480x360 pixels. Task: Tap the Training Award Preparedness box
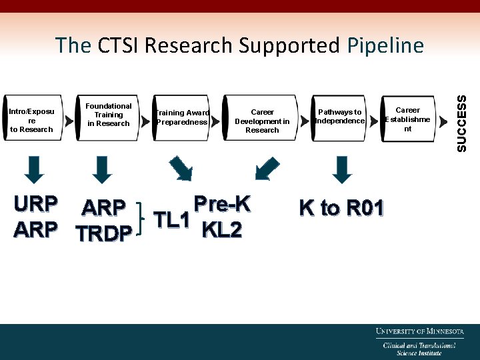[x=182, y=117]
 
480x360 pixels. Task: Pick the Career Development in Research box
[x=262, y=121]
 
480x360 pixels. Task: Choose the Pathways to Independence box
[x=340, y=117]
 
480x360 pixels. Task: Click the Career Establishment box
[x=407, y=119]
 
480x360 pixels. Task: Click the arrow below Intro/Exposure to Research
[x=37, y=169]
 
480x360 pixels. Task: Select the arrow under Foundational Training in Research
[x=101, y=169]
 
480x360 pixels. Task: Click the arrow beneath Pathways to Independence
[x=342, y=169]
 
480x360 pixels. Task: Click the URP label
[x=35, y=203]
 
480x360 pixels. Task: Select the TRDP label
[x=104, y=234]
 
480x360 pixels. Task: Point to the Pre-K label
[x=221, y=204]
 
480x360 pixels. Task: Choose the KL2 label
[x=221, y=230]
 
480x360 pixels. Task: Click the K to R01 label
[x=341, y=208]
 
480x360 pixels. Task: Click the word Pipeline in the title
[x=385, y=45]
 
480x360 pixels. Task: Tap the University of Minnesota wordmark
[x=419, y=331]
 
